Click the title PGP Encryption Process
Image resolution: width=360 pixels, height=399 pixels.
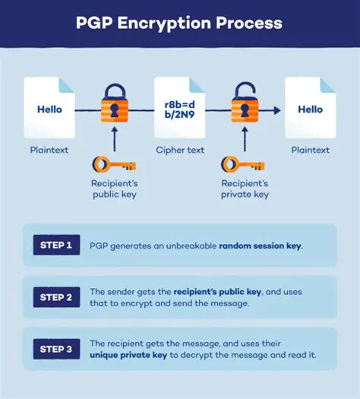coord(179,22)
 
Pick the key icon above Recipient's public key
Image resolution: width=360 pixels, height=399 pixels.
coord(114,165)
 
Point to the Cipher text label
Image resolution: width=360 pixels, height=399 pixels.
coord(179,150)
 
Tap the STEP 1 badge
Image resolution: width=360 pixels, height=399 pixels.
coord(57,245)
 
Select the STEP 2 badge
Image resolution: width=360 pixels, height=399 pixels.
coord(57,297)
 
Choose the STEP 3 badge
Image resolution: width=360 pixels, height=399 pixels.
coord(57,349)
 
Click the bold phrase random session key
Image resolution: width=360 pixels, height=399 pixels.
coord(261,246)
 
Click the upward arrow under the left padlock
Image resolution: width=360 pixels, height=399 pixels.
coord(114,139)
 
